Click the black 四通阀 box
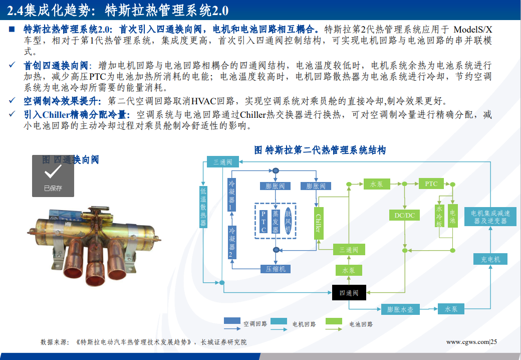[x=349, y=293]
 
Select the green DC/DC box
[x=404, y=216]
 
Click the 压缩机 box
[x=275, y=269]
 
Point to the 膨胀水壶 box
[x=400, y=309]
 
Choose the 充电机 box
[x=490, y=259]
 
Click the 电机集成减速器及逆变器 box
[x=490, y=217]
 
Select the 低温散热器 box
[x=203, y=207]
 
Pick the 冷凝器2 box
[x=232, y=242]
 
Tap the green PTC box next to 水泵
[x=431, y=184]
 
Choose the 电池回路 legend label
[x=361, y=324]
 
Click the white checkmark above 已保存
[x=53, y=172]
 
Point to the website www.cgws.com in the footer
[x=467, y=342]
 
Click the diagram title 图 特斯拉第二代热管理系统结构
[x=320, y=150]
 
